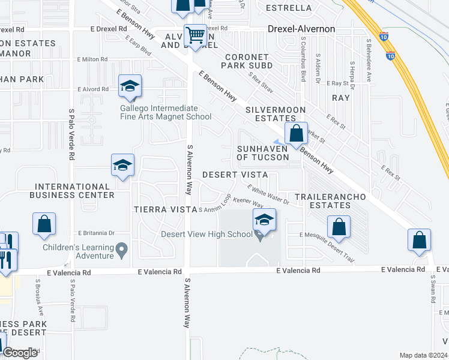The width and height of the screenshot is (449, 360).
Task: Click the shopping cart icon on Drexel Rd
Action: point(195,36)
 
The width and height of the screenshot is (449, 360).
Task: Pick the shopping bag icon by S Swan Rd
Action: point(419,239)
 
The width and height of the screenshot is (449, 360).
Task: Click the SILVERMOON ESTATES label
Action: point(276,114)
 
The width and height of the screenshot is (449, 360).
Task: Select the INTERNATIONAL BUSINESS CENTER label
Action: point(74,191)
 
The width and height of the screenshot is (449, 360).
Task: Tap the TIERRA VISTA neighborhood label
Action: point(164,209)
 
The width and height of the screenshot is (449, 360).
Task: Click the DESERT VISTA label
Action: point(235,174)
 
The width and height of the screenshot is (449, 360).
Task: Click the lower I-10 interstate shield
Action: point(391,56)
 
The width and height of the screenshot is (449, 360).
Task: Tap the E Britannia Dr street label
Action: point(96,233)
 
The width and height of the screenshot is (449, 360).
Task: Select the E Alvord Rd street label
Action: point(93,89)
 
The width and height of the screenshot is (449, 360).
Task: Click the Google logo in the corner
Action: point(20,353)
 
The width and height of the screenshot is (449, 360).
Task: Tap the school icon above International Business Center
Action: point(122,166)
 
